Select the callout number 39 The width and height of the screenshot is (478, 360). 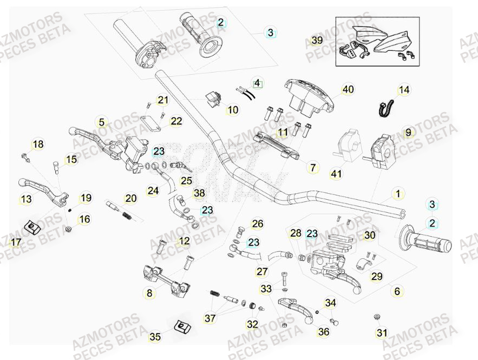pyautogui.click(x=317, y=41)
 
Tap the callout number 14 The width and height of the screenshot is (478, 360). pyautogui.click(x=404, y=90)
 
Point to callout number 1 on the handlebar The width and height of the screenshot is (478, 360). pyautogui.click(x=398, y=194)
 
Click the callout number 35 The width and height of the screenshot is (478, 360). pyautogui.click(x=155, y=337)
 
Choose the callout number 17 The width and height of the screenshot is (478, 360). pyautogui.click(x=16, y=241)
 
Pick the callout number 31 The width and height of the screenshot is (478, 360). pyautogui.click(x=382, y=332)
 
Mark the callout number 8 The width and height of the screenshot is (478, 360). pyautogui.click(x=150, y=293)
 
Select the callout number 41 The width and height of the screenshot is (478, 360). pyautogui.click(x=337, y=173)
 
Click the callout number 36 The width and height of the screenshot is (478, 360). pyautogui.click(x=324, y=332)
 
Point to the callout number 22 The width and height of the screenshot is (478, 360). pyautogui.click(x=176, y=121)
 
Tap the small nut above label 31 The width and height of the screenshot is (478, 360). pyautogui.click(x=377, y=317)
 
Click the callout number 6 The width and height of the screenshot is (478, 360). pyautogui.click(x=397, y=291)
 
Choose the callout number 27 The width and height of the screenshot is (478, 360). pyautogui.click(x=262, y=272)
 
